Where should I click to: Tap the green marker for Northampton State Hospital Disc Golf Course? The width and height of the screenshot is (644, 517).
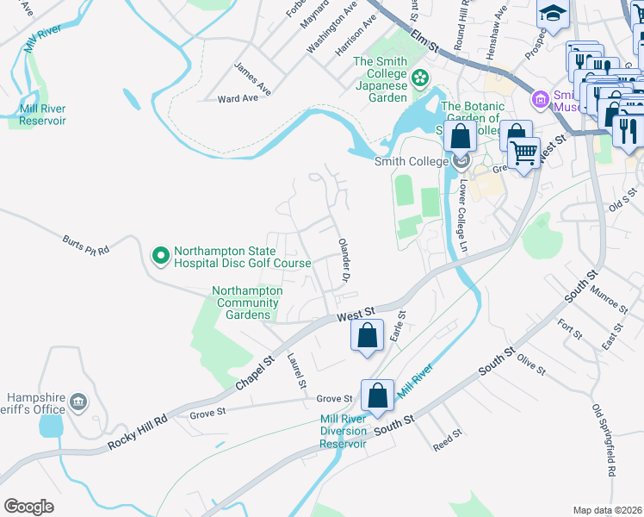pyautogui.click(x=160, y=254)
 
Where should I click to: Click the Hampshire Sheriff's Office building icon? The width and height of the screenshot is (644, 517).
pyautogui.click(x=78, y=402)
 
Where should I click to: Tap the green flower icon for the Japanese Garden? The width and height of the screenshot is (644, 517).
pyautogui.click(x=420, y=78)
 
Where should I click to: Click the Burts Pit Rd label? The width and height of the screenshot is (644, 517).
pyautogui.click(x=86, y=246)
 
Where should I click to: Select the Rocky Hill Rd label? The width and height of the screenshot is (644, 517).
pyautogui.click(x=135, y=434)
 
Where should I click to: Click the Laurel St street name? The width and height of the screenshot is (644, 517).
pyautogui.click(x=297, y=371)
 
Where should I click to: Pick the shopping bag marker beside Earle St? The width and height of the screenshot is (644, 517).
pyautogui.click(x=368, y=335)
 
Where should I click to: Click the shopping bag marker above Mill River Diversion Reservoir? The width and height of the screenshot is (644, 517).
pyautogui.click(x=378, y=396)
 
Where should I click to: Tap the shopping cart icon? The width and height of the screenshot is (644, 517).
pyautogui.click(x=523, y=153)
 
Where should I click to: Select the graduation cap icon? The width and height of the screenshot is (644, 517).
pyautogui.click(x=552, y=12)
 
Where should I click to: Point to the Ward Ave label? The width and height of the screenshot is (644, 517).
pyautogui.click(x=238, y=98)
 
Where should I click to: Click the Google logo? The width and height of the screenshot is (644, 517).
pyautogui.click(x=29, y=507)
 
